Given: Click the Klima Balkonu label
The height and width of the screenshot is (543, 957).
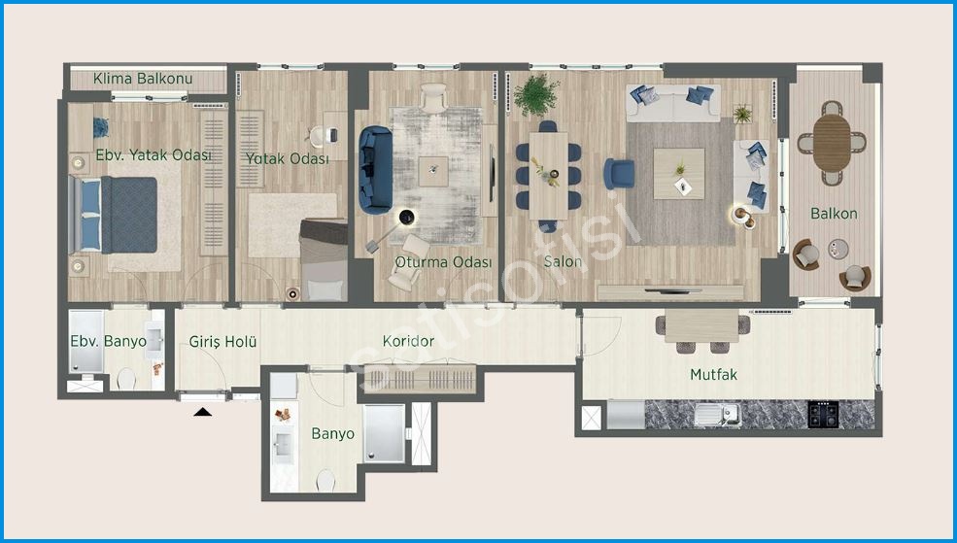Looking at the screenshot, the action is [x=143, y=79].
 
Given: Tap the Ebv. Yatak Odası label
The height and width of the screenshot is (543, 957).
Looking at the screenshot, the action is [x=154, y=155].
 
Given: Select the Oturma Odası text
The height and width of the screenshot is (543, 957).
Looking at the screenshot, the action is [x=443, y=262].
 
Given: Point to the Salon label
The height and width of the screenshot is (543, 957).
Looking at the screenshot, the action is [x=563, y=261].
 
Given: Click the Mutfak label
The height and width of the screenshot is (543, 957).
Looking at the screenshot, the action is [x=713, y=374].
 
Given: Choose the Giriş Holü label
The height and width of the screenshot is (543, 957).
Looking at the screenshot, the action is [x=222, y=342].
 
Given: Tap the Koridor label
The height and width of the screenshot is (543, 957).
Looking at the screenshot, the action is [x=408, y=341].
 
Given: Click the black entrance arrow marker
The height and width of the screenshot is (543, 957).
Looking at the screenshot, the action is [x=203, y=413].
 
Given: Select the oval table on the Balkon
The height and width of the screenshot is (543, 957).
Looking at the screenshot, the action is [x=832, y=143].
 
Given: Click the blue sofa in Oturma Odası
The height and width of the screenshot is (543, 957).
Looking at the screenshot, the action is [x=375, y=170].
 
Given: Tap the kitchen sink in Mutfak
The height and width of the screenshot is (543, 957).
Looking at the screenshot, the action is [x=717, y=414].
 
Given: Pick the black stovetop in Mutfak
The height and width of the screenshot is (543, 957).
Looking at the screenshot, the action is [x=823, y=414].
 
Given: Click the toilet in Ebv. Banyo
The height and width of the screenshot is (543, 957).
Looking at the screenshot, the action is [x=126, y=380].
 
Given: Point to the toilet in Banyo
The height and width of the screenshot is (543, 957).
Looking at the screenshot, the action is [x=325, y=481].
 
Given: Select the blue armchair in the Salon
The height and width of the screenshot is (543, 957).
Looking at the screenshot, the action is [x=619, y=174].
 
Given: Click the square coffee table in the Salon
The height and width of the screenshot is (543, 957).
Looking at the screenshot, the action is [x=679, y=174].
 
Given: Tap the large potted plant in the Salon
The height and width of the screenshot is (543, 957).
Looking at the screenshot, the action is [x=536, y=95].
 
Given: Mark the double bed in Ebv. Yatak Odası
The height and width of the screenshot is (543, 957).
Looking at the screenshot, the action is [x=113, y=214].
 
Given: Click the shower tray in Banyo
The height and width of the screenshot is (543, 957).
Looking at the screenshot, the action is [x=385, y=433].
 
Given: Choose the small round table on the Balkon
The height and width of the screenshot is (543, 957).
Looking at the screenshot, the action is [x=838, y=249].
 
